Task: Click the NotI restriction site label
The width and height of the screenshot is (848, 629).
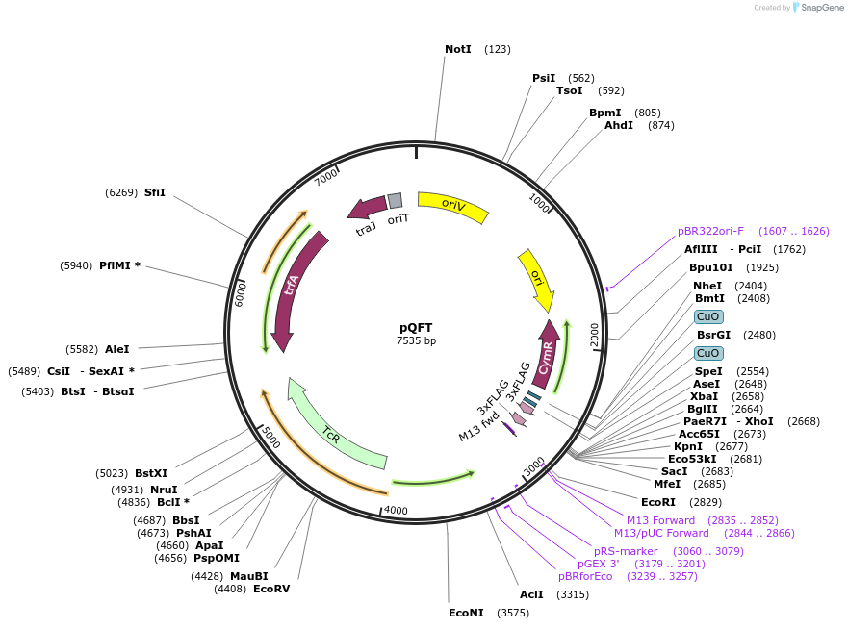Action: (458, 49)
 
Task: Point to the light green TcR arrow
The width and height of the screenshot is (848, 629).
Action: (332, 432)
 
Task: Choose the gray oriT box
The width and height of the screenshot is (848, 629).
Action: (395, 200)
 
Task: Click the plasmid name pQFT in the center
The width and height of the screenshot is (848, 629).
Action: (416, 327)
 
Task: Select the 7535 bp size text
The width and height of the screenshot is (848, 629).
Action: (416, 340)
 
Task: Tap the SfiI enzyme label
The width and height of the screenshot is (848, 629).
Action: (155, 192)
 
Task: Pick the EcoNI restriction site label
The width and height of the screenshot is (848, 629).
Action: (466, 613)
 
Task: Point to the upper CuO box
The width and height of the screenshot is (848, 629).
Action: (708, 316)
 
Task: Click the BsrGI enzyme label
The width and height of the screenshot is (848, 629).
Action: (713, 335)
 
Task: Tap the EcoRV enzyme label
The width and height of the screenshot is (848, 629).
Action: (271, 589)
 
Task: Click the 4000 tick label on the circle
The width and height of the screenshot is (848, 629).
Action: (395, 511)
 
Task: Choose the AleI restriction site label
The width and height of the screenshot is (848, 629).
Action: (117, 349)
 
